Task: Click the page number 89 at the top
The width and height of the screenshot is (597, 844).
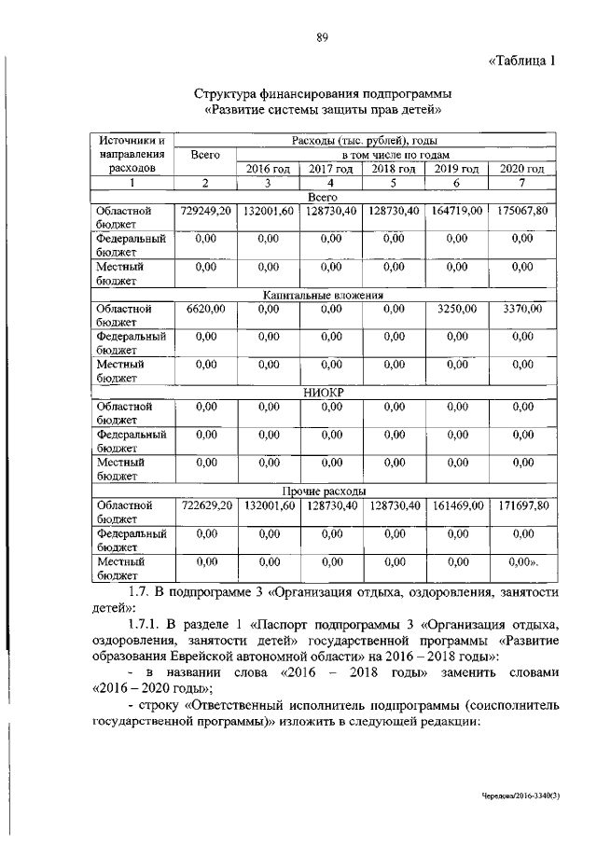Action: [x=323, y=37]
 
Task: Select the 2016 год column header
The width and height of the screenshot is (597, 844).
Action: [x=269, y=169]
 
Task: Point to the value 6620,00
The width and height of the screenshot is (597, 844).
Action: [x=206, y=308]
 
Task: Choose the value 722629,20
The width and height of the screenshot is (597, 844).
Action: [x=206, y=505]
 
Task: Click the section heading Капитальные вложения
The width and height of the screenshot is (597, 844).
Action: [x=322, y=295]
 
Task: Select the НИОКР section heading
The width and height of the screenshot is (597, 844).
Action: [x=322, y=394]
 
